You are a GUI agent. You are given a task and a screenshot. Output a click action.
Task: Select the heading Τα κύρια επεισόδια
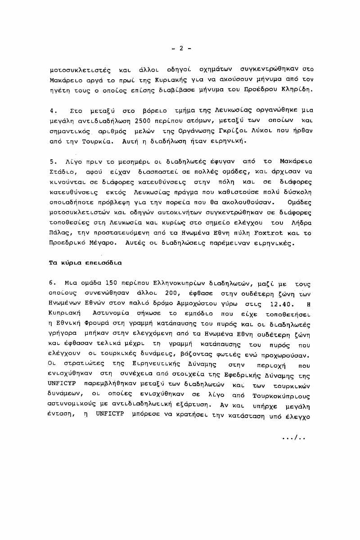click(x=85, y=262)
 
